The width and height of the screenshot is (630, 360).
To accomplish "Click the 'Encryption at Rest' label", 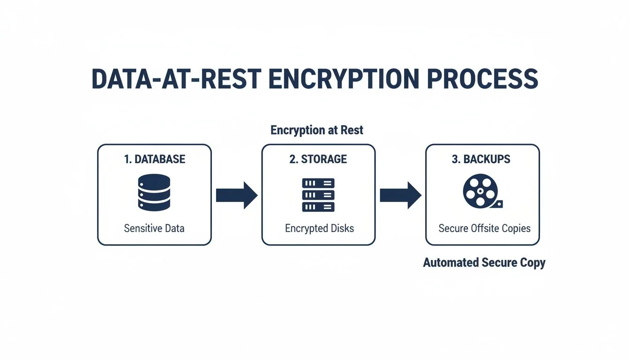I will point(317,130).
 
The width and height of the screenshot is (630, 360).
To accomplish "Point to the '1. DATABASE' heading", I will point(155,159).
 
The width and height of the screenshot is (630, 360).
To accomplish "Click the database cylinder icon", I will point(154,192).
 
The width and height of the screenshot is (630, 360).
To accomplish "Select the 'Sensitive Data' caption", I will point(154,228).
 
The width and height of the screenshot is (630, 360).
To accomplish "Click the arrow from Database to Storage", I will point(236,195).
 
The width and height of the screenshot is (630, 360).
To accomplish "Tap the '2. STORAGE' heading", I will point(318,159).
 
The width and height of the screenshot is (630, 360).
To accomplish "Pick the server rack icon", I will point(319,195).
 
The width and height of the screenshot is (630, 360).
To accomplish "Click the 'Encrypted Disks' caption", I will point(319,228).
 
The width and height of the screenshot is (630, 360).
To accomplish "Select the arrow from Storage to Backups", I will point(400,195).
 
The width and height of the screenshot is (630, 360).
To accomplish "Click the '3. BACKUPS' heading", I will point(481,159).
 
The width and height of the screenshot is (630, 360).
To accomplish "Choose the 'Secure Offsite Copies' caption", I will point(484,228).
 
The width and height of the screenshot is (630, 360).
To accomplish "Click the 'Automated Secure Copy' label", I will point(484,262).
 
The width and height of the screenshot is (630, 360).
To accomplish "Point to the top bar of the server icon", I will point(319,183).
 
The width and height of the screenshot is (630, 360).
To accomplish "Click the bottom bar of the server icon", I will point(319,207).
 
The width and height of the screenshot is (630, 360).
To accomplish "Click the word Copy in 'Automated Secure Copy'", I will point(532,262).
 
